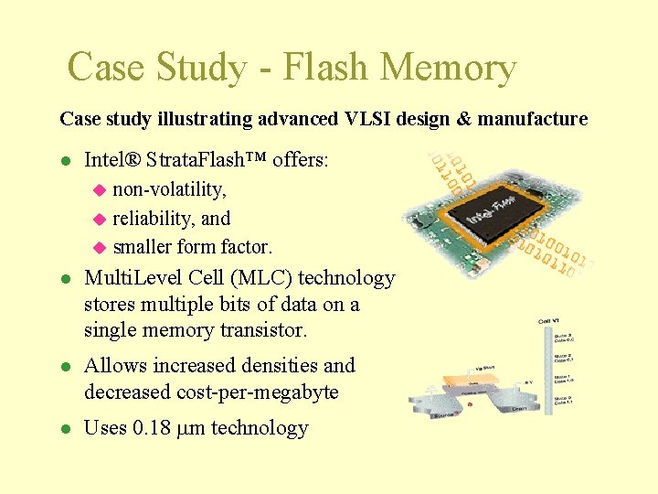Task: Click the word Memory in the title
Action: (x=448, y=68)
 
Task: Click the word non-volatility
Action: (x=170, y=189)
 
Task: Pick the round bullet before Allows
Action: (x=65, y=366)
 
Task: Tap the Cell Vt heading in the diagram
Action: (x=548, y=321)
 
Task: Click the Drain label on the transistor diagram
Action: (x=517, y=409)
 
